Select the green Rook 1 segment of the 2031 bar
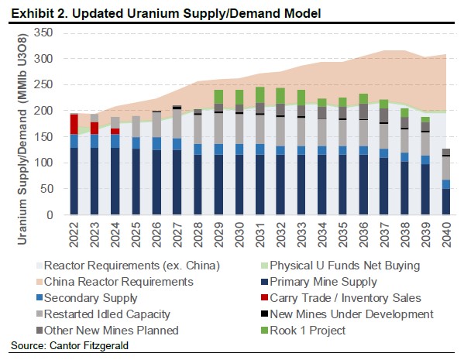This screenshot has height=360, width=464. click(x=259, y=95)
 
